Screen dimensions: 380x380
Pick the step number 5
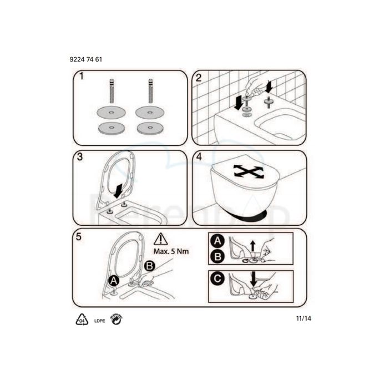pyautogui.click(x=80, y=236)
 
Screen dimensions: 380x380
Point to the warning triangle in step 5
pyautogui.click(x=160, y=240)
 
